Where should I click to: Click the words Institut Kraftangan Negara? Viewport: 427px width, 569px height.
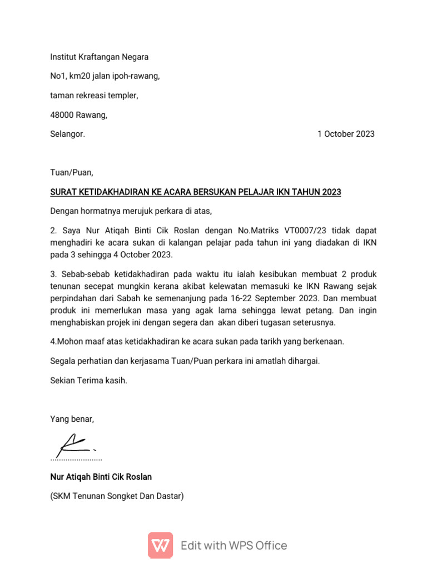[x=99, y=57]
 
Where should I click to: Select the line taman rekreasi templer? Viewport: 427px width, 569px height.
[x=94, y=95]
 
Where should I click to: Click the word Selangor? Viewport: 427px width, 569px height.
[x=67, y=134]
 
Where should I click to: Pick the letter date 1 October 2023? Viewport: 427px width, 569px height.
[x=346, y=134]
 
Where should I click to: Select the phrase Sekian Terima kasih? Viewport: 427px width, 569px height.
[x=88, y=381]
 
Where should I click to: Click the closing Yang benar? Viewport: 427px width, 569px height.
[x=72, y=419]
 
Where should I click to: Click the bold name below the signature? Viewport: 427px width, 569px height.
[x=101, y=477]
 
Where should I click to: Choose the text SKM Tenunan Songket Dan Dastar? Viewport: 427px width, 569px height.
[x=117, y=496]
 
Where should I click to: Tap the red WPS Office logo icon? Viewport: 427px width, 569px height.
[x=160, y=545]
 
